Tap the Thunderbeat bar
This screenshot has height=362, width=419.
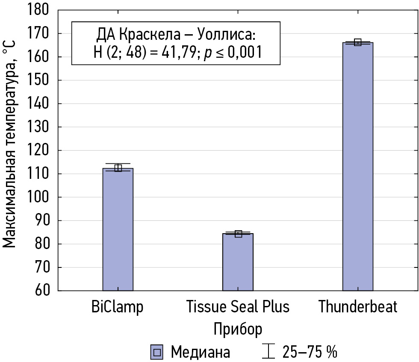[x=357, y=167]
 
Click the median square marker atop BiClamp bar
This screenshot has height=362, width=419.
[x=118, y=168]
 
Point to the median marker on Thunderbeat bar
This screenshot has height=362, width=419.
[x=358, y=42]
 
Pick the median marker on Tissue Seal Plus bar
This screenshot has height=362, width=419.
[x=238, y=234]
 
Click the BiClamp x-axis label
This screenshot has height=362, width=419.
[x=118, y=306]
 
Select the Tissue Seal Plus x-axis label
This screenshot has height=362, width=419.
[x=238, y=306]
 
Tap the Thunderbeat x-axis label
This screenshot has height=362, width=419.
[x=358, y=306]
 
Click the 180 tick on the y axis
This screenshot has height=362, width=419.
[x=39, y=10]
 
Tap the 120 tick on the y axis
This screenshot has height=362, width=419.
[x=39, y=151]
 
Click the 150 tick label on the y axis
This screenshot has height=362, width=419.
[x=39, y=80]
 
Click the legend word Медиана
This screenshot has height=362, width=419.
[x=200, y=352]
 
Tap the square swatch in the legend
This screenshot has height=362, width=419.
[x=157, y=352]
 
